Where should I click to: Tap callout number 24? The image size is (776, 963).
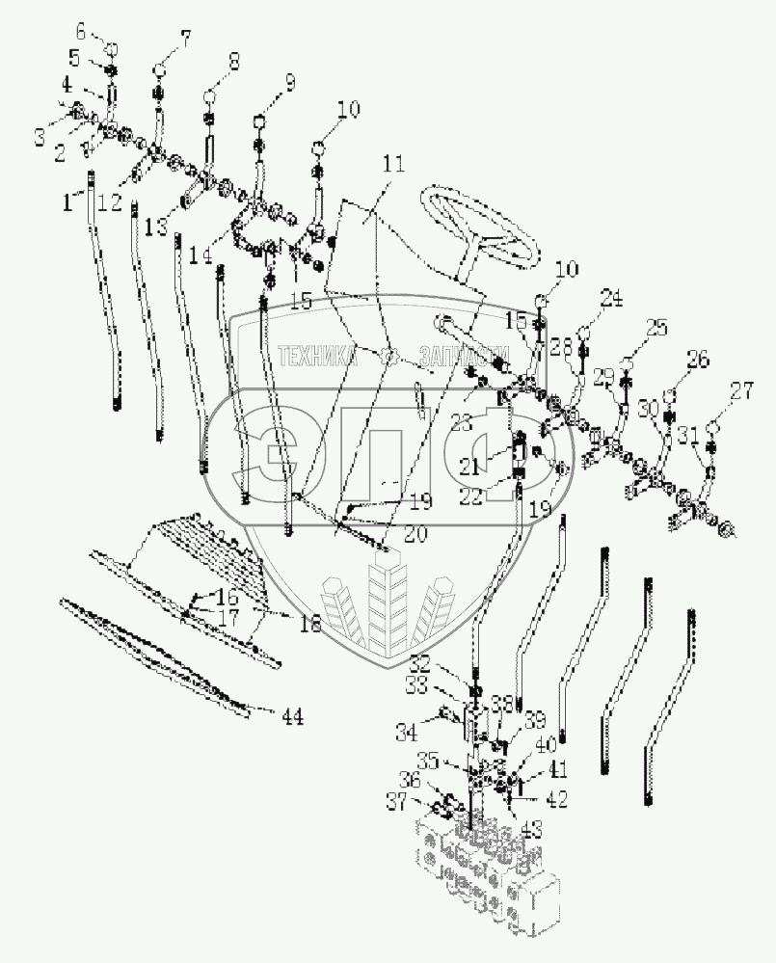pyautogui.click(x=609, y=298)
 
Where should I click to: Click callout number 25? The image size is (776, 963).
pyautogui.click(x=656, y=329)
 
